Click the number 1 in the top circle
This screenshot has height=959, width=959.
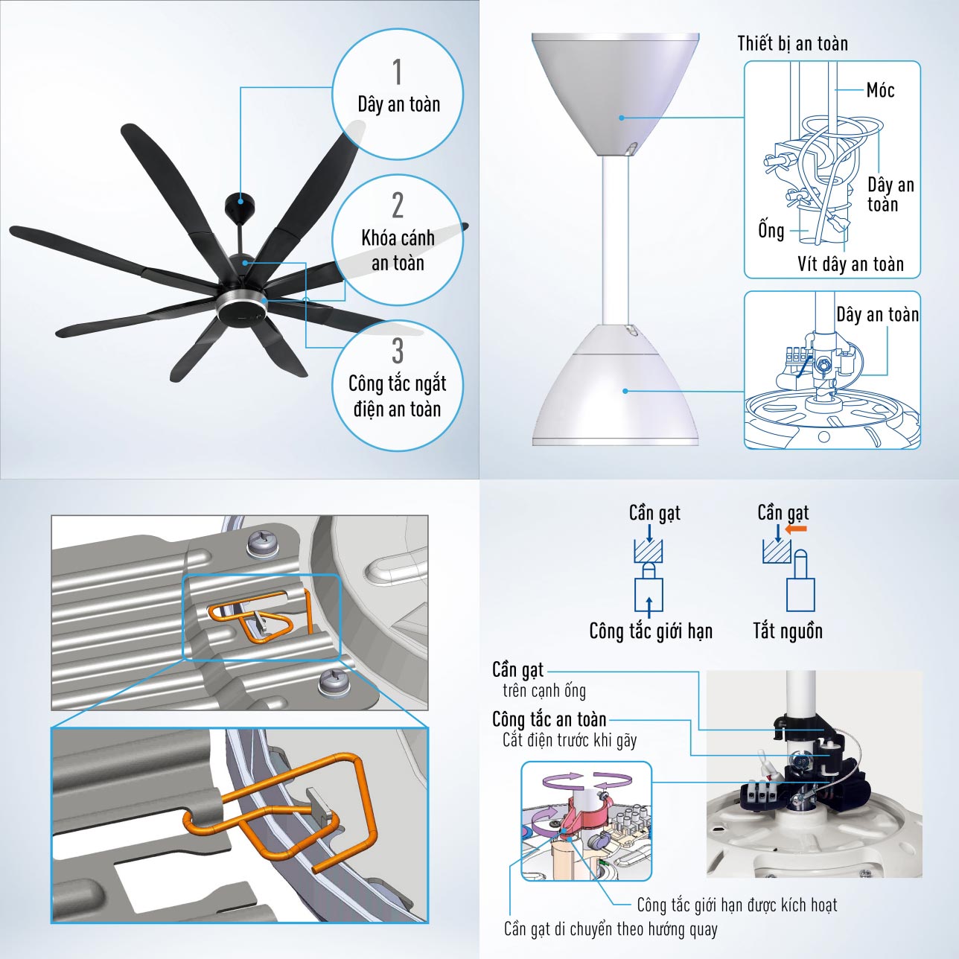coord(397,73)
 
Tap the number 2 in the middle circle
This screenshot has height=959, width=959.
coord(397,205)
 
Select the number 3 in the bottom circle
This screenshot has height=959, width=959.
coord(397,351)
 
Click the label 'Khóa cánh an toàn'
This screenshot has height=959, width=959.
coord(398,250)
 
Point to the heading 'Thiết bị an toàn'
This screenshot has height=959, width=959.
coord(792,43)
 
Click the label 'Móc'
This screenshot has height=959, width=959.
coord(880,90)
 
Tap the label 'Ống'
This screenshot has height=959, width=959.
coord(771,230)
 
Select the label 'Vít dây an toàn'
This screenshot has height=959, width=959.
coord(850,264)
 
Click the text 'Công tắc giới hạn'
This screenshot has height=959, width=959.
coord(651,631)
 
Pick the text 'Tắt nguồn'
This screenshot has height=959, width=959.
coord(787,631)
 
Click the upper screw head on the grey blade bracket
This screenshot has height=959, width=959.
coord(261,543)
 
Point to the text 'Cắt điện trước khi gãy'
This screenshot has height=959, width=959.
coord(570,740)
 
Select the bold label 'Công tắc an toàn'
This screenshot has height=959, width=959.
coord(549,719)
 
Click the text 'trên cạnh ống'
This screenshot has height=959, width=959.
coord(544,690)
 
